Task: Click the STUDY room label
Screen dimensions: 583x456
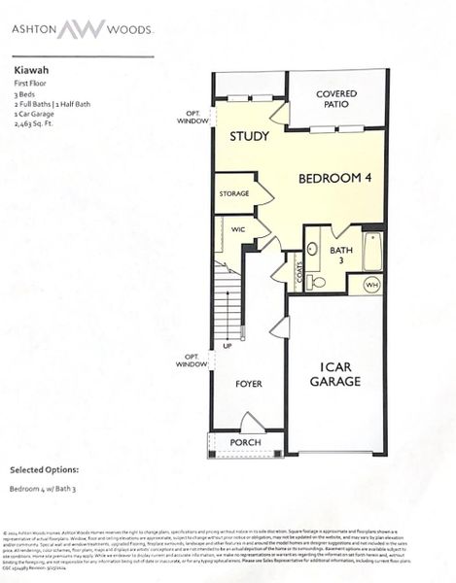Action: point(249,136)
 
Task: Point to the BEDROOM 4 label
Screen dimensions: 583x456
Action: point(333,178)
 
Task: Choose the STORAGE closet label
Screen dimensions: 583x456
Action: point(234,193)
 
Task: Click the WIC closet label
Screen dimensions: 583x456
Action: point(237,229)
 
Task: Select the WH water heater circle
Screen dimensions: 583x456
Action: point(370,285)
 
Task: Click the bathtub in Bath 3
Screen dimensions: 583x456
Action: point(372,251)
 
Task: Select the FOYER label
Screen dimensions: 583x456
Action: point(250,384)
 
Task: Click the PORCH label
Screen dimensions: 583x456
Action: point(245,442)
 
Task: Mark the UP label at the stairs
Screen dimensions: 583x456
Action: point(228,346)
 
